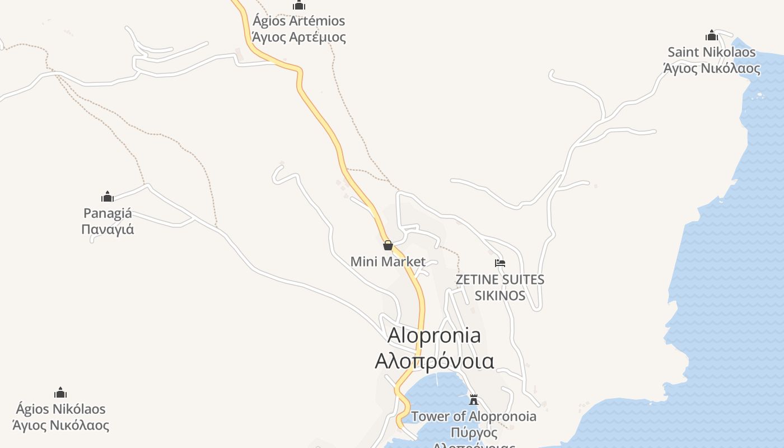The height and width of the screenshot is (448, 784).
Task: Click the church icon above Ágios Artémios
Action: (x=299, y=6)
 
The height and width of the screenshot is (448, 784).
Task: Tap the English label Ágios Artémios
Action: (x=298, y=21)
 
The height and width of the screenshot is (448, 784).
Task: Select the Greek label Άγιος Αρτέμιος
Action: (x=298, y=38)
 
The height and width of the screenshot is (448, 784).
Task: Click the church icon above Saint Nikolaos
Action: (x=712, y=36)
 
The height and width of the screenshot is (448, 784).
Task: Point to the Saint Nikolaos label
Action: (x=711, y=53)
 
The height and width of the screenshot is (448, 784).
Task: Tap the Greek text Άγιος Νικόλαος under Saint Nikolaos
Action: (x=711, y=69)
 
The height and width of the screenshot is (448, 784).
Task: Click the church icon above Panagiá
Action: (x=108, y=197)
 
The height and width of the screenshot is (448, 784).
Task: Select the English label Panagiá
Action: (x=108, y=213)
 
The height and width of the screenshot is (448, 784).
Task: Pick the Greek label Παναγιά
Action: (x=108, y=230)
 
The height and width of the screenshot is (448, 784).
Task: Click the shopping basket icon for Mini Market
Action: (x=388, y=245)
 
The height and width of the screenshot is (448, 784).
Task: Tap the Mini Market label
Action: (x=388, y=262)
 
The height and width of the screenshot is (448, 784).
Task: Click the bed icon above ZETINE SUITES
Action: (x=500, y=263)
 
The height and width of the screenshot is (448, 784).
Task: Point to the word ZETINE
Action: (x=476, y=279)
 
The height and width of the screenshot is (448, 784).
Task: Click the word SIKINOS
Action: (x=500, y=296)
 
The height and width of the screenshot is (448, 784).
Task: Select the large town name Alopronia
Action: (x=434, y=335)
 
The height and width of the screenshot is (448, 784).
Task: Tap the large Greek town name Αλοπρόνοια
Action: (x=434, y=361)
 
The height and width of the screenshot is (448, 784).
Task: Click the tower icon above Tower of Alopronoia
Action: (x=474, y=400)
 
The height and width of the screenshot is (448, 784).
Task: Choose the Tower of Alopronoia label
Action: (x=474, y=417)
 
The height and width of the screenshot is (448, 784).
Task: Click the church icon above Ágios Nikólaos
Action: (x=60, y=393)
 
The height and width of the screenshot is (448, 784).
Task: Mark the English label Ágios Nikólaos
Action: (x=60, y=409)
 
